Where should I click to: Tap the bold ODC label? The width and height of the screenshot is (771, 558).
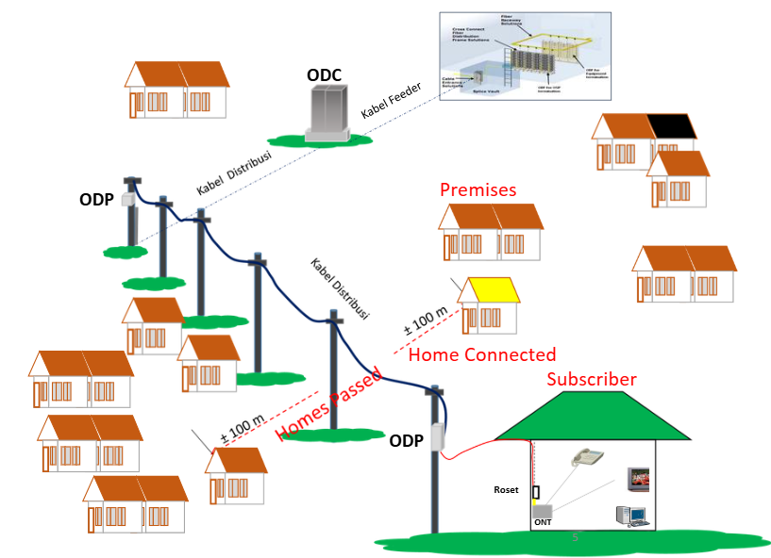324,74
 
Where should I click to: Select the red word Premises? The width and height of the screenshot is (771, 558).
478,189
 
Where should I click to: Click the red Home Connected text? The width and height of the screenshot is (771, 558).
481,354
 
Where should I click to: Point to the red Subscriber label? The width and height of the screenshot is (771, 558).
592,379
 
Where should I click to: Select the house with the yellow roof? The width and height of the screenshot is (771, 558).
490,304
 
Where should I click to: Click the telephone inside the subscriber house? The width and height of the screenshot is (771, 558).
590,457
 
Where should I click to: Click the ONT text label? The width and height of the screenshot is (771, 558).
543,523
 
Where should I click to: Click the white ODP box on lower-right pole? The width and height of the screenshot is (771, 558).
437,437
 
